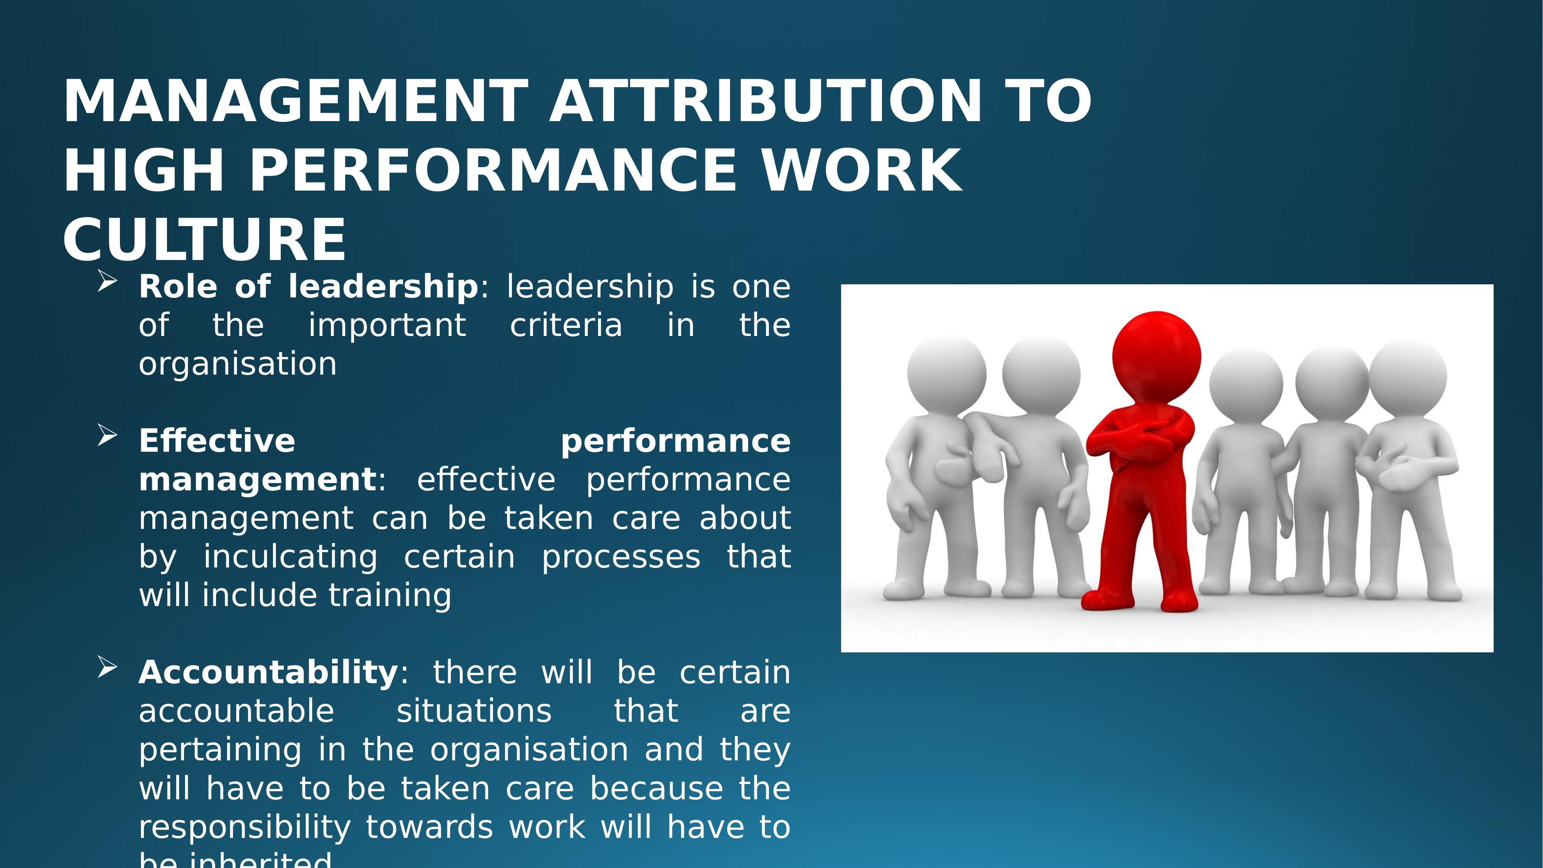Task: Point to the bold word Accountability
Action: point(268,672)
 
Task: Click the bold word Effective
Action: point(217,441)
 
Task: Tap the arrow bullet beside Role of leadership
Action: point(106,281)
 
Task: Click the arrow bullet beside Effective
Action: point(106,436)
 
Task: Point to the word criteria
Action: point(566,325)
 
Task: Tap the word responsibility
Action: point(245,827)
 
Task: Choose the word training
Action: point(390,595)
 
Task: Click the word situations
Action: point(474,711)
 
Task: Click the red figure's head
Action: point(1156,353)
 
